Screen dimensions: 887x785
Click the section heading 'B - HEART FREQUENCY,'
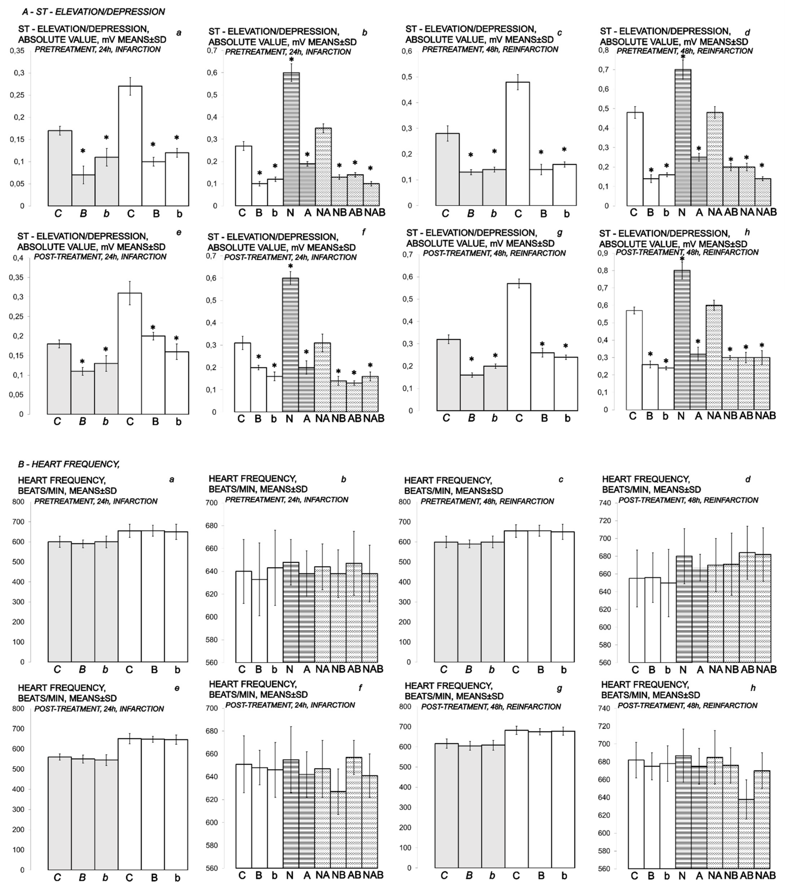pyautogui.click(x=69, y=464)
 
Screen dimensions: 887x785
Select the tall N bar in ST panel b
pyautogui.click(x=291, y=139)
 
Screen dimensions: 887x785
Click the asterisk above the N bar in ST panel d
pyautogui.click(x=683, y=57)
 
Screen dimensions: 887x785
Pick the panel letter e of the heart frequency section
pyautogui.click(x=177, y=688)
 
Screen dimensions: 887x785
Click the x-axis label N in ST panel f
pyautogui.click(x=290, y=419)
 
